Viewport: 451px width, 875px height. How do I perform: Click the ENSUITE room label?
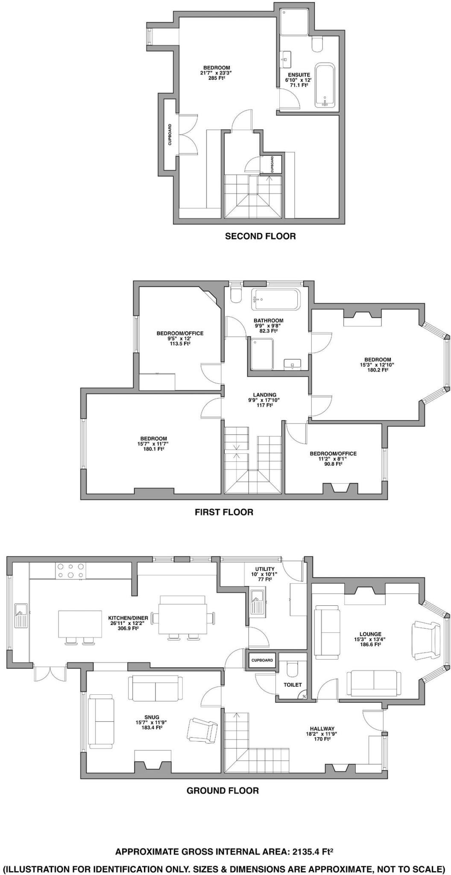pyautogui.click(x=299, y=75)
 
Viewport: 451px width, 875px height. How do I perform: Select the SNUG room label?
pyautogui.click(x=152, y=717)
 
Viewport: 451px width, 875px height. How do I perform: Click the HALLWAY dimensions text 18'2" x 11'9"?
pyautogui.click(x=322, y=734)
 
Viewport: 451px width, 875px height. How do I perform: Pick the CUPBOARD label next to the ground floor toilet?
pyautogui.click(x=262, y=660)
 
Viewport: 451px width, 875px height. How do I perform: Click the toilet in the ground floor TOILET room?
pyautogui.click(x=293, y=669)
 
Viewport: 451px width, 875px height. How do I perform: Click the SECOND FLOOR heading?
pyautogui.click(x=260, y=236)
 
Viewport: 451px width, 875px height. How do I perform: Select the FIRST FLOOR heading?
pyautogui.click(x=224, y=512)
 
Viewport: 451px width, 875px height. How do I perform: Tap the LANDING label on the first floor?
pyautogui.click(x=264, y=395)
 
